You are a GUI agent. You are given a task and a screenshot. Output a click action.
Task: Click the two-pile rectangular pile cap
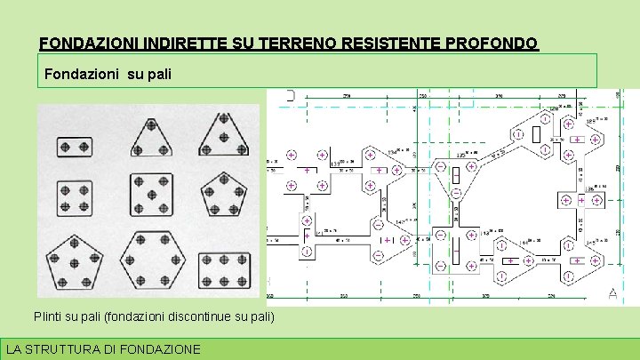(x=75, y=146)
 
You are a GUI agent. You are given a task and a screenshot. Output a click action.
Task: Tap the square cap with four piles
(x=75, y=196)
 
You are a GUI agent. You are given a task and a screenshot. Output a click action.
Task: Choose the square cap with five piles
(x=151, y=197)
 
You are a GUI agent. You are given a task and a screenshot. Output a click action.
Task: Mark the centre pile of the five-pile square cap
(x=151, y=197)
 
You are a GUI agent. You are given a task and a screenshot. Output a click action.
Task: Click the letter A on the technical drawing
(x=612, y=292)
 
